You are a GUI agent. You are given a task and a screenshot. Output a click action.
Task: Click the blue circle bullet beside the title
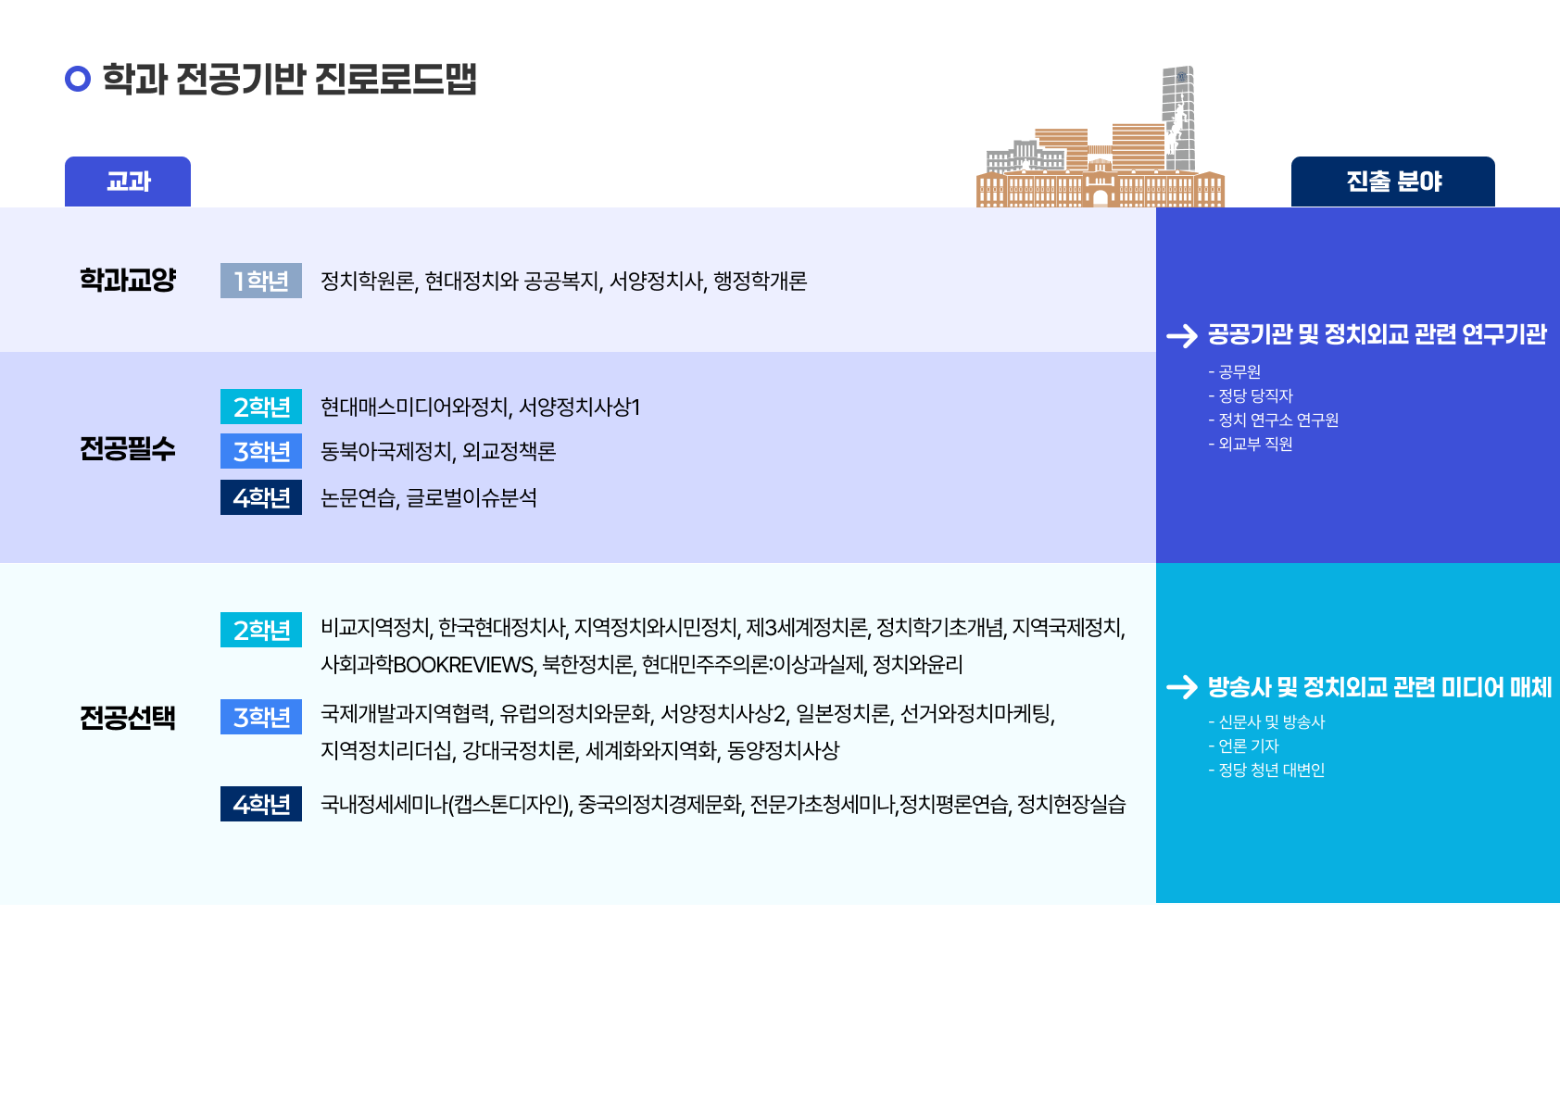pos(78,79)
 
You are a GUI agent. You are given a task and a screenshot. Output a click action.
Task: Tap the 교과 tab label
pos(128,182)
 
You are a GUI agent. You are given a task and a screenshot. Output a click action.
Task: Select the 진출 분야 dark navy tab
pos(1393,182)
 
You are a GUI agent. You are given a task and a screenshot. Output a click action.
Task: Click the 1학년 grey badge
pos(261,281)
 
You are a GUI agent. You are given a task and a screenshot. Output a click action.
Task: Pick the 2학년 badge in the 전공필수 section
pos(261,407)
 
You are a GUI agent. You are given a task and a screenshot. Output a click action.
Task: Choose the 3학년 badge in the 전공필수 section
pos(261,451)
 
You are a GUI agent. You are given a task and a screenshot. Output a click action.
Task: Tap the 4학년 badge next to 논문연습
pos(261,497)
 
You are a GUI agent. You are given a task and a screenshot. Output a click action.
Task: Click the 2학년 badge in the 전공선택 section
pos(261,630)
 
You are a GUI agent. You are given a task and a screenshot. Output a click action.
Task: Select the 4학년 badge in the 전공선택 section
pos(261,804)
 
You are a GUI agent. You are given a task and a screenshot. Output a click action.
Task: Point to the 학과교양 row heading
pos(128,280)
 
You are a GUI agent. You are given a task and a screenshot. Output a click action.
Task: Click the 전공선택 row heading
pos(128,717)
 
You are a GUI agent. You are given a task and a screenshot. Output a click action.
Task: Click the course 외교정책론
pos(510,452)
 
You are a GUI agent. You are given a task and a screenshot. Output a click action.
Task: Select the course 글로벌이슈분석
pos(472,498)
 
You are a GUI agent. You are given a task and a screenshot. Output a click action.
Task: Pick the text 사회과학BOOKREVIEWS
pos(427,664)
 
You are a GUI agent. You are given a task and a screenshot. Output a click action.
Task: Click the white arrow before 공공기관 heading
pos(1182,335)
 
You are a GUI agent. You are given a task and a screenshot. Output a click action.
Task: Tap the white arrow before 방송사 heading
pos(1182,687)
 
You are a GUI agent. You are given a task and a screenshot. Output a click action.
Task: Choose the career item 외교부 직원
pos(1255,445)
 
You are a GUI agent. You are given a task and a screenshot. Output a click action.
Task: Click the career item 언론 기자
pos(1249,746)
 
